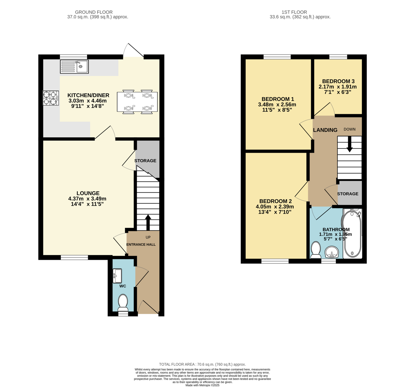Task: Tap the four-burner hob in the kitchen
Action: [51, 98]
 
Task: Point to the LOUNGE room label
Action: [88, 193]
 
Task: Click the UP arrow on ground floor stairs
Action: [148, 222]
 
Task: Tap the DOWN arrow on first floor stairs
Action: [349, 144]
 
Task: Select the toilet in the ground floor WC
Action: [123, 302]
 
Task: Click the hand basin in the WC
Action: [117, 276]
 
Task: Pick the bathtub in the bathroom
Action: [352, 234]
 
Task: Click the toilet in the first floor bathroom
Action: [316, 250]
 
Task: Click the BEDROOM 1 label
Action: [278, 99]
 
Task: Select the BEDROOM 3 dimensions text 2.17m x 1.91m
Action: [338, 87]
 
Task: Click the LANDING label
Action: [325, 130]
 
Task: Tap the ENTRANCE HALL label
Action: [141, 244]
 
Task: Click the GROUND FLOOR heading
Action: [97, 12]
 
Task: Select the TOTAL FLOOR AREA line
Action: [202, 364]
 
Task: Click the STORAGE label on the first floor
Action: [348, 194]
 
